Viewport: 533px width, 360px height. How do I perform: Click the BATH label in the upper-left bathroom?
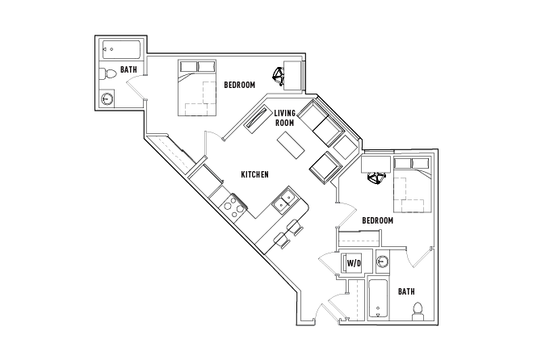pos(128,70)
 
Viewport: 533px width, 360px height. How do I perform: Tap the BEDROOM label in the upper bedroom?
pos(239,85)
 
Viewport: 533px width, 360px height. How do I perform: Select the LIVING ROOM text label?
pos(285,118)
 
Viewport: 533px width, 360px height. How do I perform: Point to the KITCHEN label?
pos(254,174)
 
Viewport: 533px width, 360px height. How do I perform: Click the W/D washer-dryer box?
pos(354,263)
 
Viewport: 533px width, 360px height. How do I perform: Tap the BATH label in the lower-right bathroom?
pos(406,291)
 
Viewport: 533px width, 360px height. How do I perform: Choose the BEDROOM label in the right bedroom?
pos(377,220)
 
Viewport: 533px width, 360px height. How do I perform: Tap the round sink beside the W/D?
pos(383,262)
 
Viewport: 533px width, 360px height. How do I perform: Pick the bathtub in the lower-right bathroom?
pos(377,299)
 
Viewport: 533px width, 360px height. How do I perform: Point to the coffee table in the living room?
pos(290,145)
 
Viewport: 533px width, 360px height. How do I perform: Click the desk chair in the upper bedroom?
pos(279,77)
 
